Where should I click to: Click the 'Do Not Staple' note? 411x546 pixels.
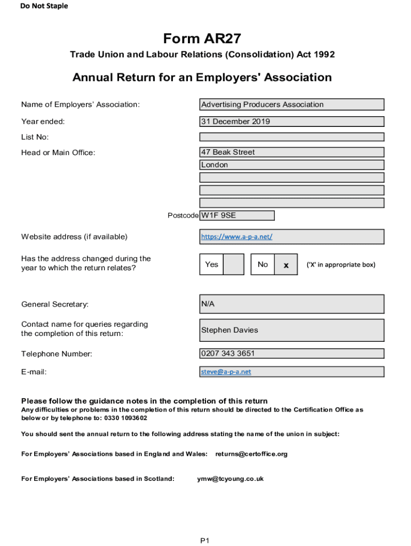44,6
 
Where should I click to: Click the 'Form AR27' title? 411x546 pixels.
202,39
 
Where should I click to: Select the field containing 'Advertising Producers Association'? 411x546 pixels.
291,105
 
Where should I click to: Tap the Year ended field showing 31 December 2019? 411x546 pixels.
291,122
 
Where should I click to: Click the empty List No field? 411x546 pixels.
291,137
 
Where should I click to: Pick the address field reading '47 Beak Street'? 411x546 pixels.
291,152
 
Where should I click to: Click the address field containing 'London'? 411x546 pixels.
291,165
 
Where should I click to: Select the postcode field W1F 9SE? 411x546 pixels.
237,216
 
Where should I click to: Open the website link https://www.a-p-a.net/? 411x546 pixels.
236,237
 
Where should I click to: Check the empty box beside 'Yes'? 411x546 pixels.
233,264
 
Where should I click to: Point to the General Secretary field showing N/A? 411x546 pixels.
291,304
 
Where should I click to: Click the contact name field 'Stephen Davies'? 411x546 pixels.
291,330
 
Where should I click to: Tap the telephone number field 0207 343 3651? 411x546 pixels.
291,354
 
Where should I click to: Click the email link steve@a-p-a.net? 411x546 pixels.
226,372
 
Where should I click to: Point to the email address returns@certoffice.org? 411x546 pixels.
251,454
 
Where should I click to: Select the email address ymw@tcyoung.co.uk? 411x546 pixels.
230,479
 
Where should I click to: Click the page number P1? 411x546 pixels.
205,541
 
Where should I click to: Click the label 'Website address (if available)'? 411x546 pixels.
74,237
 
